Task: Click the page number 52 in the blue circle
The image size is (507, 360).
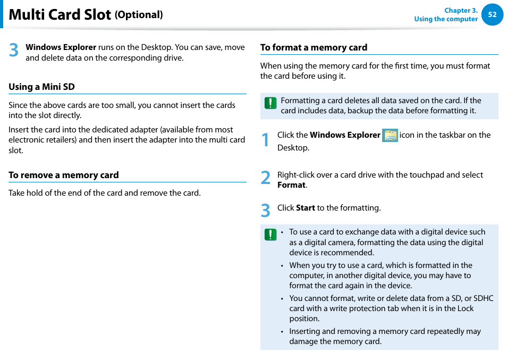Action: click(492, 15)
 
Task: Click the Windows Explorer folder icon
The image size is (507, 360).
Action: click(390, 135)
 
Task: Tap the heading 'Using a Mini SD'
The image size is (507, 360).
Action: click(41, 87)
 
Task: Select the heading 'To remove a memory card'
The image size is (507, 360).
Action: click(63, 175)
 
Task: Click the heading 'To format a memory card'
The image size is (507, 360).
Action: click(314, 47)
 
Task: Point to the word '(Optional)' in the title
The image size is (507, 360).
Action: click(139, 15)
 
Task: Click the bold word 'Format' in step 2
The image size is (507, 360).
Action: click(291, 185)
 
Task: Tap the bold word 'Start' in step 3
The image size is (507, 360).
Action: click(305, 208)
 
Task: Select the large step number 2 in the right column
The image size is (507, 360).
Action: click(266, 179)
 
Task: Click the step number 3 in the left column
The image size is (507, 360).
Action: click(14, 51)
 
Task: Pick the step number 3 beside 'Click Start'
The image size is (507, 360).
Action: click(266, 211)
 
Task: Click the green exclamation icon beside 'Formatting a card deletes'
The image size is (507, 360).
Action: click(271, 103)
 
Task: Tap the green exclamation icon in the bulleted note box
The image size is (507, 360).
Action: click(271, 235)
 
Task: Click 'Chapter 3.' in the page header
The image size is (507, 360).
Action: click(461, 10)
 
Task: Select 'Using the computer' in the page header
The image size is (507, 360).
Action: click(446, 19)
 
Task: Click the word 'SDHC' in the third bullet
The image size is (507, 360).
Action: click(484, 298)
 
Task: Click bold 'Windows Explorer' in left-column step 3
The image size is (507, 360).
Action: click(61, 47)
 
